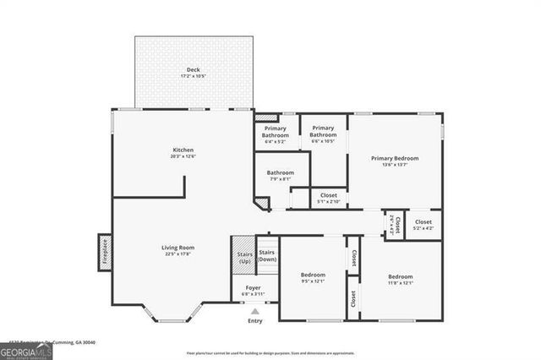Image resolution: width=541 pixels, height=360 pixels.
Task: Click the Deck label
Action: point(194,70)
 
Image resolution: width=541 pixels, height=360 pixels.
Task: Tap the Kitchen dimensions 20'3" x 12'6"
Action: point(183,156)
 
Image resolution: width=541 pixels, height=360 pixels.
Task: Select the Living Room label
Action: point(178,247)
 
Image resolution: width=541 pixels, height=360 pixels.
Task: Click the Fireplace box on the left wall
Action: point(105,252)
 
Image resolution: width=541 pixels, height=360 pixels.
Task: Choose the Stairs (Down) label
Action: point(267,255)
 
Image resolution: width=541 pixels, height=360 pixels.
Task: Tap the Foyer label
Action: point(254,287)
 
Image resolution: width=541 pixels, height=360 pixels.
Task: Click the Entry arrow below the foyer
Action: point(254,311)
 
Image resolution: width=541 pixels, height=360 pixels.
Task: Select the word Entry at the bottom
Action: point(254,321)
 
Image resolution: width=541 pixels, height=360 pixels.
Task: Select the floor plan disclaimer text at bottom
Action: point(270,352)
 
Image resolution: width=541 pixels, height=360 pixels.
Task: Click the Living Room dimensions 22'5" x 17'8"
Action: point(178,253)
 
